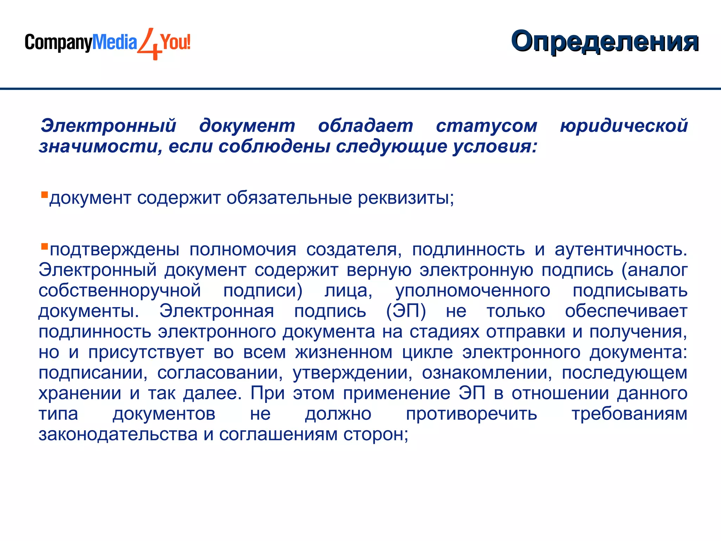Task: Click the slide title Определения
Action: pyautogui.click(x=604, y=42)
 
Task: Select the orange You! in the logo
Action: pyautogui.click(x=175, y=42)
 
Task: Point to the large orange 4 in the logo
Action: pyautogui.click(x=149, y=44)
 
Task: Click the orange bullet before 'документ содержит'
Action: pyautogui.click(x=44, y=194)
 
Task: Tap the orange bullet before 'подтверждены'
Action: pyautogui.click(x=44, y=246)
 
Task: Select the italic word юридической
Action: pyautogui.click(x=623, y=126)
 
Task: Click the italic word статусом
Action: pyautogui.click(x=486, y=126)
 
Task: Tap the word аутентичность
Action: pyautogui.click(x=621, y=250)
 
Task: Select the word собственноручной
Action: pyautogui.click(x=120, y=291)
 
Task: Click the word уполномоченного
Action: pyautogui.click(x=472, y=291)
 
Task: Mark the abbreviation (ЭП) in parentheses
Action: pyautogui.click(x=406, y=311)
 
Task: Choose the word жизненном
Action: pyautogui.click(x=344, y=353)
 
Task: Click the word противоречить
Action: pyautogui.click(x=471, y=414)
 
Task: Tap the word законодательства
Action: pyautogui.click(x=118, y=435)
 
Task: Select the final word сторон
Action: pyautogui.click(x=375, y=435)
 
